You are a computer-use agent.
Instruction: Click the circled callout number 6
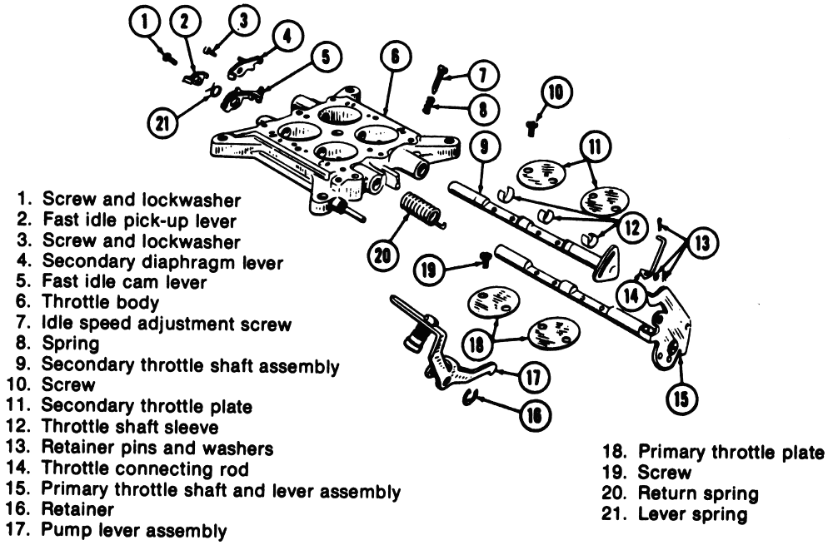tap(394, 57)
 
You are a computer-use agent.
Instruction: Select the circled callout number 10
tap(556, 91)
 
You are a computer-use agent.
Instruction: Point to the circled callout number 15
tap(681, 400)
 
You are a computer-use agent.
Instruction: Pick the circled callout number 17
tap(530, 376)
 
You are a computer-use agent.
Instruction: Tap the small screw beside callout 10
tap(530, 126)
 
